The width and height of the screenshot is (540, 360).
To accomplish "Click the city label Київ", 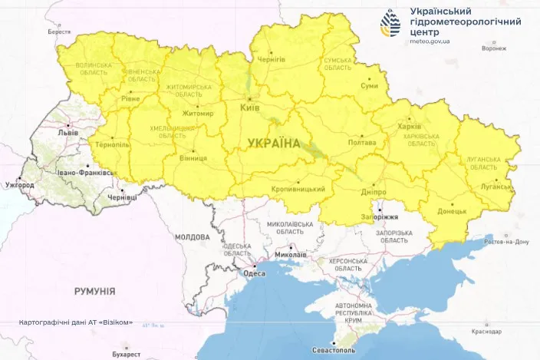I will point(250,108).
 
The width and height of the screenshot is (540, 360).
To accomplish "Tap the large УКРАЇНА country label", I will point(274,142).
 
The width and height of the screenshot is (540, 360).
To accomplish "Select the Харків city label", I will point(410,127).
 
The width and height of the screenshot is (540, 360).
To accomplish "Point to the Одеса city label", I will point(254,273).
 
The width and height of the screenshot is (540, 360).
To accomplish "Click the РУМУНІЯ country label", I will point(94,291).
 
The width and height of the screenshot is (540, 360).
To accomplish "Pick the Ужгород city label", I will point(18,186).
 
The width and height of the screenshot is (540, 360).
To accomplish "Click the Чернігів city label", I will point(272,59).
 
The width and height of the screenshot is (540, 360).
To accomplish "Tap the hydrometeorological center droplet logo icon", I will point(390,24).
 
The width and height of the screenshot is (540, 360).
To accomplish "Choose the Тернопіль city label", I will point(111,144).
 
